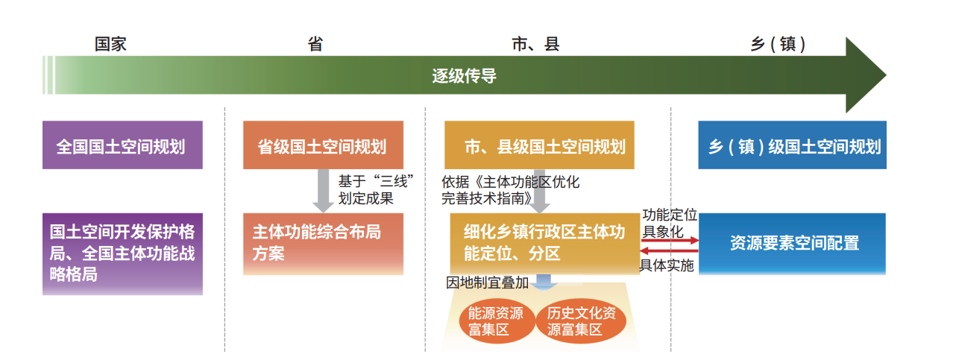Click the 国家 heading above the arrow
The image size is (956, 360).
pyautogui.click(x=110, y=44)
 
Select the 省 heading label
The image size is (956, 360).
pyautogui.click(x=315, y=44)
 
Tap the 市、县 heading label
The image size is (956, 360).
pyautogui.click(x=535, y=44)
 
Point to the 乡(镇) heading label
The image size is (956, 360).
pyautogui.click(x=778, y=44)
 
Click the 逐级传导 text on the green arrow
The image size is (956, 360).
pyautogui.click(x=465, y=76)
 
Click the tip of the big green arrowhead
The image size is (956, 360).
pyautogui.click(x=886, y=75)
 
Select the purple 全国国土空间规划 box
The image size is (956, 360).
pyautogui.click(x=122, y=145)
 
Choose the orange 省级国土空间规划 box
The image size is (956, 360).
pyautogui.click(x=323, y=145)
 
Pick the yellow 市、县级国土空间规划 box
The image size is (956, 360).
pyautogui.click(x=539, y=145)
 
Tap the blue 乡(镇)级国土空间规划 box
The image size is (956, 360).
pyautogui.click(x=792, y=145)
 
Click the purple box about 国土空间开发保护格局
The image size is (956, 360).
pyautogui.click(x=122, y=254)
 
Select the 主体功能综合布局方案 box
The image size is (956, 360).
pyautogui.click(x=323, y=244)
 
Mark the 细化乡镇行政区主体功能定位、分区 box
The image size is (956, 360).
pyautogui.click(x=544, y=244)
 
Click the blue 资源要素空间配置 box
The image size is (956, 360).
pyautogui.click(x=792, y=244)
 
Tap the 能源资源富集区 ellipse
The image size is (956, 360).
pyautogui.click(x=497, y=321)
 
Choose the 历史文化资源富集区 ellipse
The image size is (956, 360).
pyautogui.click(x=580, y=321)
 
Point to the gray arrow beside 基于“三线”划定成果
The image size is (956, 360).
pyautogui.click(x=323, y=191)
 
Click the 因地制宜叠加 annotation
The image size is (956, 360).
pyautogui.click(x=488, y=282)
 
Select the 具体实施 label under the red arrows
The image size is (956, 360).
pyautogui.click(x=666, y=265)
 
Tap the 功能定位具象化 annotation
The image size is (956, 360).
pyautogui.click(x=670, y=223)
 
